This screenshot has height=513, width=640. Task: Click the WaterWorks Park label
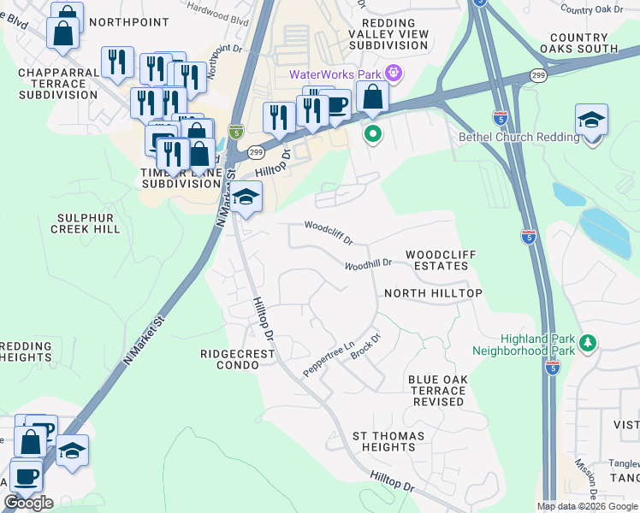point(336,74)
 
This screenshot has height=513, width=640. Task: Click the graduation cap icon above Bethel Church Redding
point(591,121)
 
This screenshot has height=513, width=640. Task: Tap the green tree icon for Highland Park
point(587,343)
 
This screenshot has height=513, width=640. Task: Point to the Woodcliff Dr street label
point(329,231)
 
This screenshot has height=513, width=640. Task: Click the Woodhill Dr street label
point(368,265)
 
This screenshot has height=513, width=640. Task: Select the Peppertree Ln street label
point(329,360)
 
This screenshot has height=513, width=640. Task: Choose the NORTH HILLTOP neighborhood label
point(433,293)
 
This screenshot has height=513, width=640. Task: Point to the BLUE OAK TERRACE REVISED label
point(436,391)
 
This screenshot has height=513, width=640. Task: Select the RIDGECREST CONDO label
point(229,359)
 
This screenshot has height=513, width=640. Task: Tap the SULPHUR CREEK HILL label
point(86,224)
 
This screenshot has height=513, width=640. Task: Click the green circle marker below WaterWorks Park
point(372,133)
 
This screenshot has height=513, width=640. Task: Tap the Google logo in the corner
point(28,503)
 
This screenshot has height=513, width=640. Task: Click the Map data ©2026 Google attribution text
point(587,506)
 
